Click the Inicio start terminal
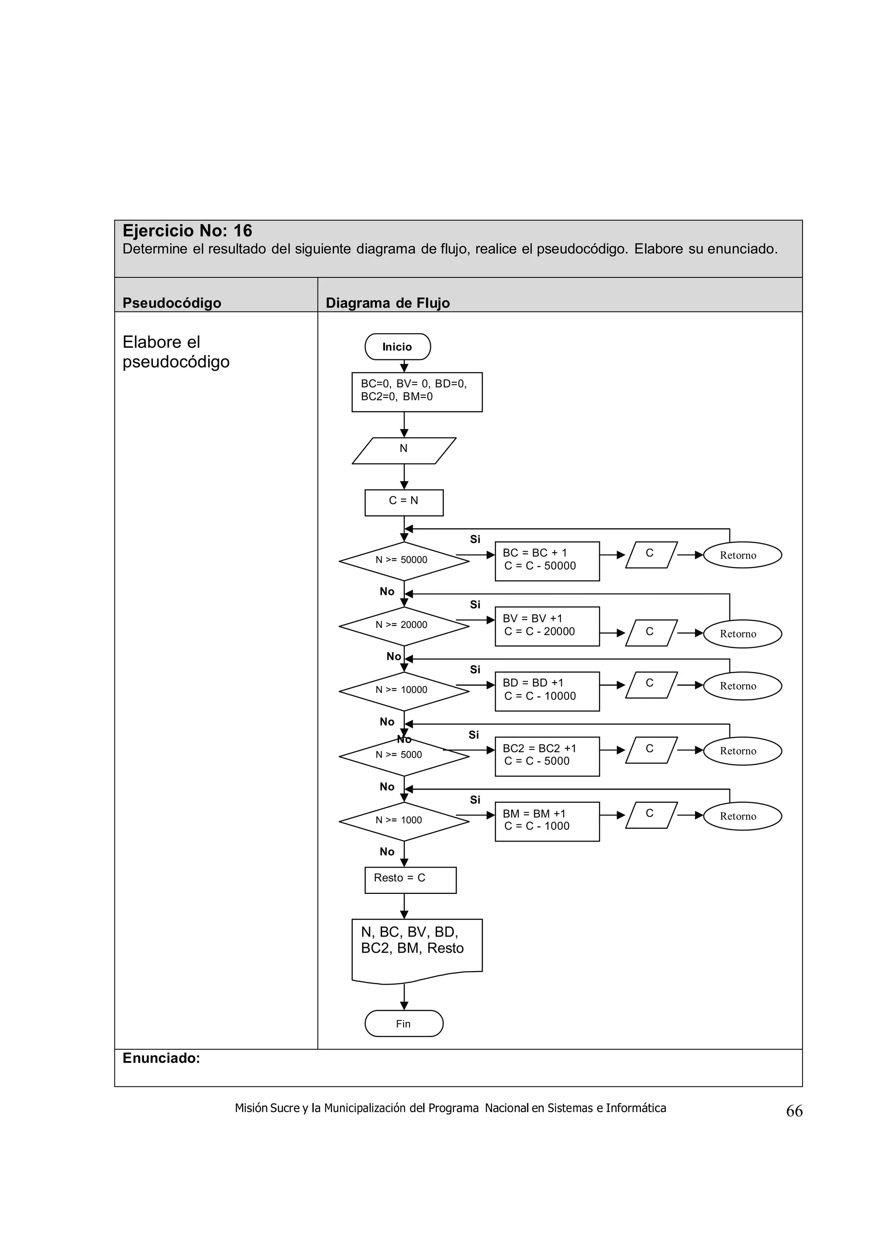397,347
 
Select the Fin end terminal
404,1023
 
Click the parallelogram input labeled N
404,451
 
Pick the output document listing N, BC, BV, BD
417,950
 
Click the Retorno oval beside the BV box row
742,634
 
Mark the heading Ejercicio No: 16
187,231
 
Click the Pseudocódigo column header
172,303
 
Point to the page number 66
794,1111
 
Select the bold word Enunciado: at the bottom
162,1058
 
